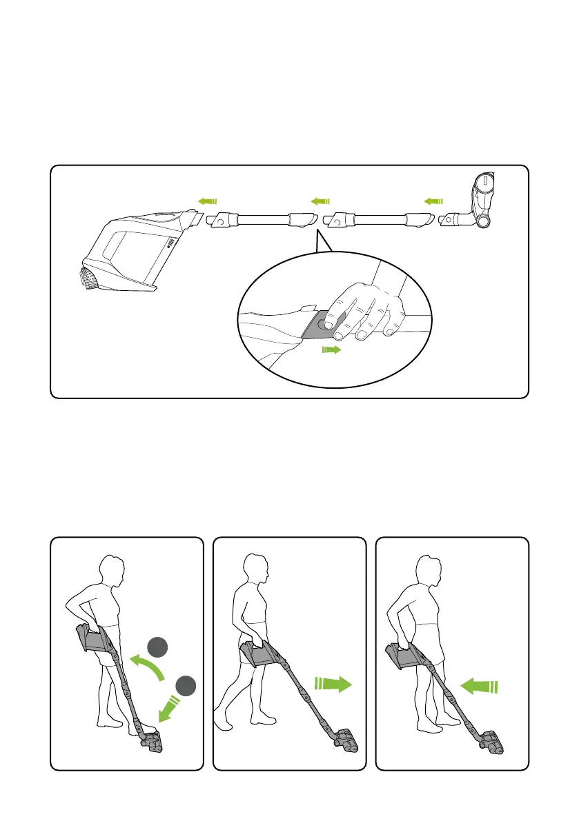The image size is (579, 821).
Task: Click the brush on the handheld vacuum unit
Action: click(x=88, y=278)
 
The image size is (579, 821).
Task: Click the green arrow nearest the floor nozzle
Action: click(x=433, y=201)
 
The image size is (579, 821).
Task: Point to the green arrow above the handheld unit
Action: click(x=207, y=201)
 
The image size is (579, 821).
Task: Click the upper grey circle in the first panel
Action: click(x=159, y=648)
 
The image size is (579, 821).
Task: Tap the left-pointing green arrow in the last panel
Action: click(x=478, y=686)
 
